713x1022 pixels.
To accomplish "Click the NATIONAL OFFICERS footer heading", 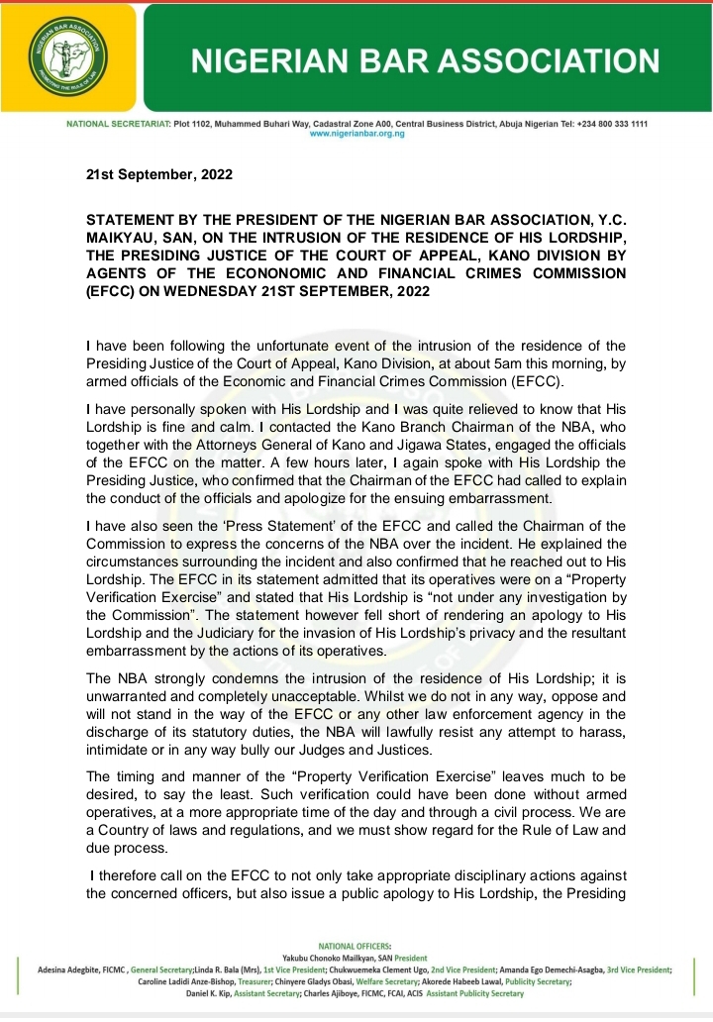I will pos(356,948).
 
